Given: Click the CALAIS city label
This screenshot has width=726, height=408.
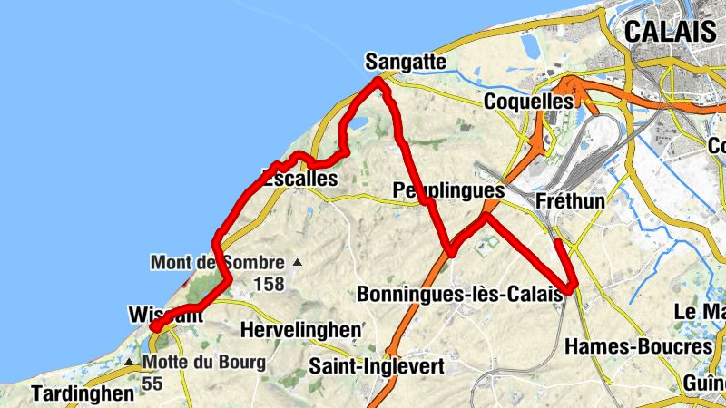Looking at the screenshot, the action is tap(670, 32).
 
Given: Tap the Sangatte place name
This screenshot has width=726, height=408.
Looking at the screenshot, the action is tap(405, 62).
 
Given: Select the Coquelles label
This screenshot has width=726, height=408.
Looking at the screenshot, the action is tap(530, 100).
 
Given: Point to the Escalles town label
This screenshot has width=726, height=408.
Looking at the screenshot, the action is tap(299, 180).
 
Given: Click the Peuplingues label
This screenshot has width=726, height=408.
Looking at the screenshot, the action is tap(449, 191).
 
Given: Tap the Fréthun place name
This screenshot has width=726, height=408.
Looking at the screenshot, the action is tap(570, 200).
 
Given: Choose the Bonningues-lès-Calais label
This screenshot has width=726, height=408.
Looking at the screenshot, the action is tap(459, 295).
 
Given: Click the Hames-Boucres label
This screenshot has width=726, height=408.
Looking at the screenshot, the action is tap(638, 346).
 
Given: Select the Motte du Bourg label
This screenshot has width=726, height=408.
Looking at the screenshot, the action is tap(205, 363).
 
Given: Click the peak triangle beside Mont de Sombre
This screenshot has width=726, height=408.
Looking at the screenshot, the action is tap(297, 264).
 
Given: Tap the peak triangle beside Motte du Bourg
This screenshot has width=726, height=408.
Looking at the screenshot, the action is tap(131, 363).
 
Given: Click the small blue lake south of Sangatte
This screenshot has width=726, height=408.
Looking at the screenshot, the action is tap(358, 122).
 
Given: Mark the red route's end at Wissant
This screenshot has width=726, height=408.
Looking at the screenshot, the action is tap(155, 325).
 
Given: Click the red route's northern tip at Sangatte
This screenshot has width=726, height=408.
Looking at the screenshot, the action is tap(379, 81).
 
